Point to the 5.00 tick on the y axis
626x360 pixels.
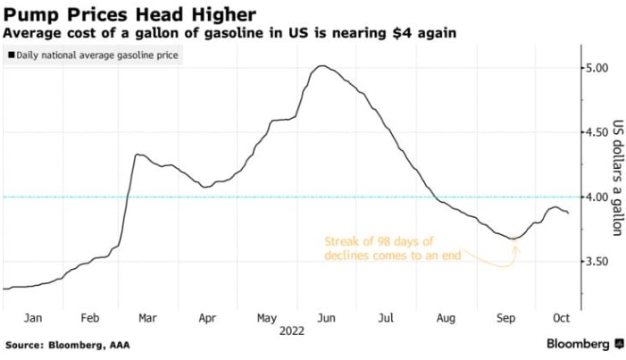click(x=597, y=68)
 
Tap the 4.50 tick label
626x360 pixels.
click(x=597, y=132)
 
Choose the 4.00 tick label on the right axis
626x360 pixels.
click(x=597, y=197)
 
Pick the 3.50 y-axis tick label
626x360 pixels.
click(x=597, y=261)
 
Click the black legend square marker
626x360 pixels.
click(x=11, y=55)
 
